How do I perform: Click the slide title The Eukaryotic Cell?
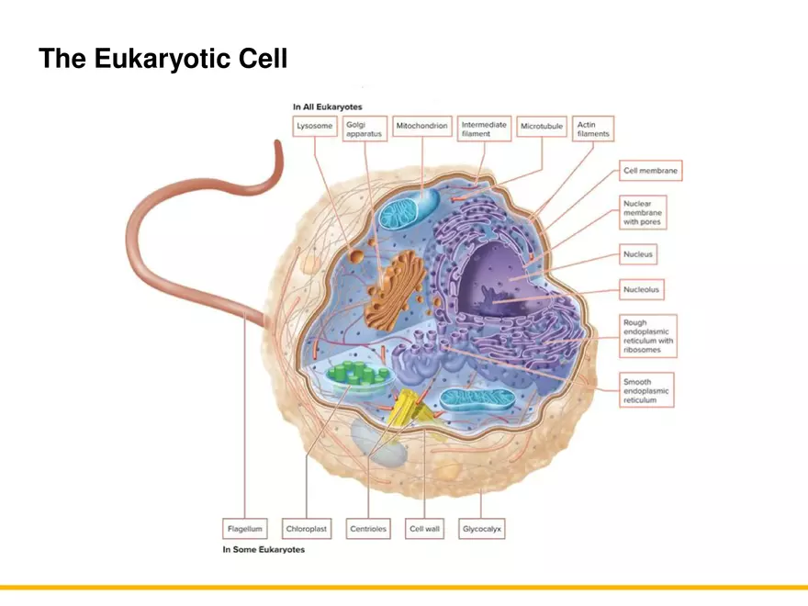[163, 60]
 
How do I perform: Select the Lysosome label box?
[314, 126]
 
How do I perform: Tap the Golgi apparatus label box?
[364, 129]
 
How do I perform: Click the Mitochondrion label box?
[422, 126]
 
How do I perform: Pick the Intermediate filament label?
[484, 129]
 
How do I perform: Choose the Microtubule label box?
[542, 126]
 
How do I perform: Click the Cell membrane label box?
[650, 171]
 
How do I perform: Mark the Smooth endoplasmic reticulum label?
[646, 390]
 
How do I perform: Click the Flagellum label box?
[245, 529]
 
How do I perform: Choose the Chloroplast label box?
[306, 529]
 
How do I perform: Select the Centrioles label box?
[368, 529]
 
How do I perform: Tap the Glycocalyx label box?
[482, 529]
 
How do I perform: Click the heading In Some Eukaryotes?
[264, 550]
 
